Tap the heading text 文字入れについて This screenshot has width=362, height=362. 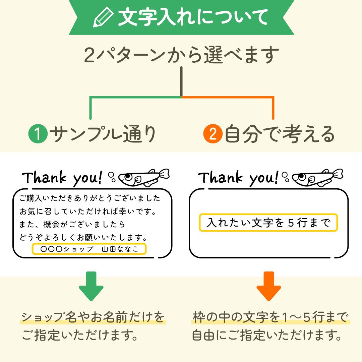[x=193, y=17]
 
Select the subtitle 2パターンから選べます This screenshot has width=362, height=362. [x=181, y=55]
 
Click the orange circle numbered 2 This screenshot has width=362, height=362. [x=213, y=134]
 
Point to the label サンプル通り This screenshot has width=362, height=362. [x=103, y=134]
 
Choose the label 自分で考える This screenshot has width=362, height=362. [x=280, y=134]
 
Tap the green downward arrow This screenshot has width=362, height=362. [x=91, y=286]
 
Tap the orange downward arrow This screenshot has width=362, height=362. [x=268, y=286]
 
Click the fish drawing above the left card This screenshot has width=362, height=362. [x=144, y=177]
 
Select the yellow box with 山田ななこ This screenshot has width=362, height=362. [x=89, y=249]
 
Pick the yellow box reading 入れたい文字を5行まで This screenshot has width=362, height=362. [x=268, y=223]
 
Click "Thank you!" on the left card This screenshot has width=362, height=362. [x=62, y=178]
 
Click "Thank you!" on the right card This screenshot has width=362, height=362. [x=238, y=177]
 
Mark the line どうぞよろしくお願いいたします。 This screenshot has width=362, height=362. [x=84, y=238]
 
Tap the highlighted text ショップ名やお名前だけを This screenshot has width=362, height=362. [x=93, y=317]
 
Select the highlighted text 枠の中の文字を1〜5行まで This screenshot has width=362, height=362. [x=271, y=317]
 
